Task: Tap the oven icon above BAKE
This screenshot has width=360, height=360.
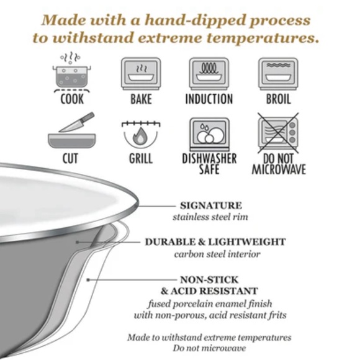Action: tap(141, 73)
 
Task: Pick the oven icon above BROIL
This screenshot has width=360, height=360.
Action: tap(278, 73)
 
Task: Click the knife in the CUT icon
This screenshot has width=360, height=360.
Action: tap(77, 122)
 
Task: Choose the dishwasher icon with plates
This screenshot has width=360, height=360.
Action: tap(209, 134)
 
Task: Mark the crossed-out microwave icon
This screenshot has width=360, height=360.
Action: tap(278, 133)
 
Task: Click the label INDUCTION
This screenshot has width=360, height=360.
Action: tap(209, 99)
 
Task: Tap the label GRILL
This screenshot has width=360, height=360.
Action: tap(141, 158)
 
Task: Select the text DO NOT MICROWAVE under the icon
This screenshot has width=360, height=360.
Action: tap(279, 164)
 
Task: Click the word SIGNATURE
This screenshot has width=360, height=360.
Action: tap(211, 205)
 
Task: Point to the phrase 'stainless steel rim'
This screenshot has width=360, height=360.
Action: tap(210, 217)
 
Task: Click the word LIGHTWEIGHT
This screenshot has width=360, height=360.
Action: tap(247, 242)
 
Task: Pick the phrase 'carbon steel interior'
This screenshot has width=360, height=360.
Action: tap(217, 254)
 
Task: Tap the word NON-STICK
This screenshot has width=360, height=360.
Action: tap(209, 280)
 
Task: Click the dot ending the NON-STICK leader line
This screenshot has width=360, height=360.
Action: tap(88, 280)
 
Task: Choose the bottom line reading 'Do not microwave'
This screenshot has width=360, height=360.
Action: tap(209, 348)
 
